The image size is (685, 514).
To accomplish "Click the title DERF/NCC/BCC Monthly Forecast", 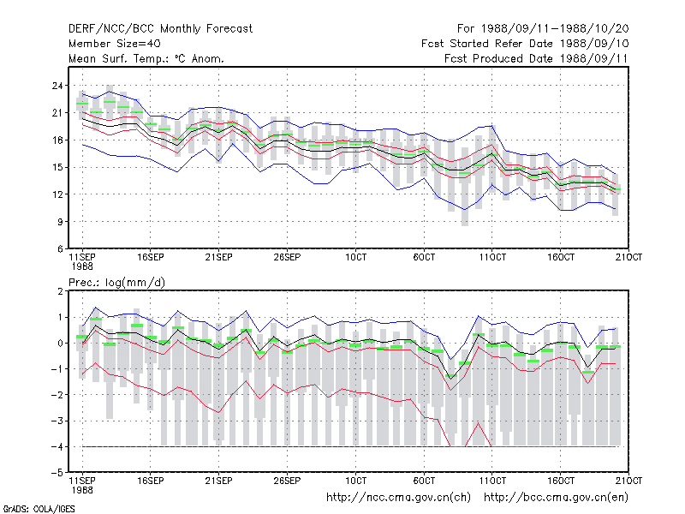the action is tap(160, 29).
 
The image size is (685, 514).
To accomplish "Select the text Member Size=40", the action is tap(115, 44).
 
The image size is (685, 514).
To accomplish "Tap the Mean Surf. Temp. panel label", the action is tap(146, 58).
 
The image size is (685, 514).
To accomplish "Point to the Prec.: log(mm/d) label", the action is tap(116, 283).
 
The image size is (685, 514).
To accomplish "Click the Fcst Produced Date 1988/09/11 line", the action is tap(536, 58).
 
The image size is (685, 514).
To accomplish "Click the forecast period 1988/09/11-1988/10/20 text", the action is tap(543, 29).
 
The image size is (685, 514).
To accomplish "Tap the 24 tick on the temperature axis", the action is tap(57, 86).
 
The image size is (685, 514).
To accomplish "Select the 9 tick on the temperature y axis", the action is tap(60, 222).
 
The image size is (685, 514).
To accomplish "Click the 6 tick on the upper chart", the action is tap(60, 249).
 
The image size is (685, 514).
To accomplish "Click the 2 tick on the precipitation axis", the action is tap(60, 291).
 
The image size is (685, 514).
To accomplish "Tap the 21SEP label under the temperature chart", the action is tap(218, 258).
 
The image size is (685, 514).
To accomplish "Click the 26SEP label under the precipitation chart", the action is tap(287, 481).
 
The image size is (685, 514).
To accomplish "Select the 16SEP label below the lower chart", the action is tap(151, 481).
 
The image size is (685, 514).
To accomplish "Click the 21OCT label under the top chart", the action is tap(628, 258).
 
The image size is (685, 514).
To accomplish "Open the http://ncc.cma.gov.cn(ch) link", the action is tap(398, 498).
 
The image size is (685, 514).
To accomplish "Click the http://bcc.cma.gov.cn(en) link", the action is tap(556, 498).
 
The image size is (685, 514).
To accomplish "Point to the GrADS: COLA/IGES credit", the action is tap(39, 509).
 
